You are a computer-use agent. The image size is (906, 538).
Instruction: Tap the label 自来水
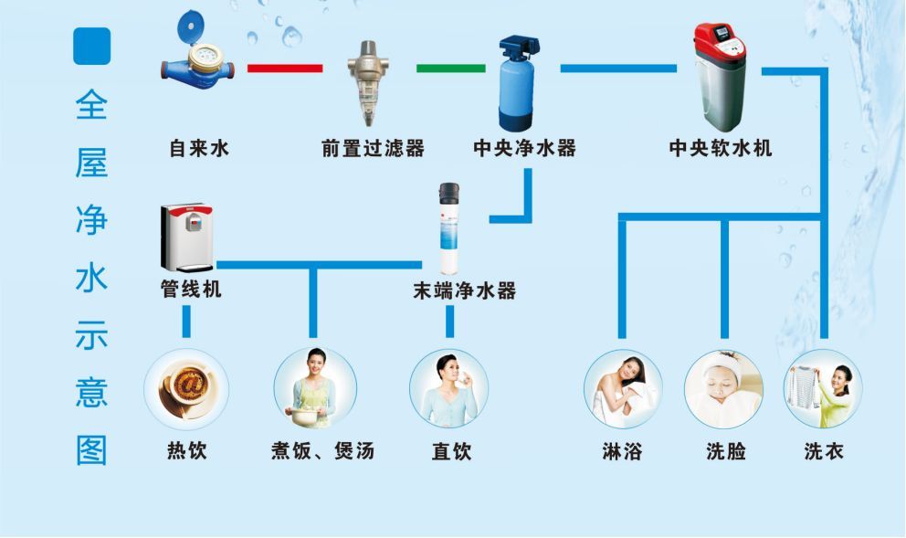coord(199,148)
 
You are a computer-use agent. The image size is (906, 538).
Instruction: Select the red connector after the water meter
coord(285,68)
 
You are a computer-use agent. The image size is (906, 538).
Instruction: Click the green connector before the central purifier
coord(451,68)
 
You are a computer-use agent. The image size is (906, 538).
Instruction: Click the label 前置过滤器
coord(373,148)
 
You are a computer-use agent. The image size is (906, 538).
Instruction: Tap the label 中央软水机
coord(721,148)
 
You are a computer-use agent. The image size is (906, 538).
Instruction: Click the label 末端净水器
coord(465,291)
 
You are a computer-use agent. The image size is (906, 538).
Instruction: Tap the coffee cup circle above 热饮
coord(186,388)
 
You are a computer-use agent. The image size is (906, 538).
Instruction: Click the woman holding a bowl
coord(314,388)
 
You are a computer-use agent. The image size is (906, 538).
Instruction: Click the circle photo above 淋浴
coord(623,388)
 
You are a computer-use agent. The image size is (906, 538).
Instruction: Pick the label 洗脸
coord(725,450)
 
